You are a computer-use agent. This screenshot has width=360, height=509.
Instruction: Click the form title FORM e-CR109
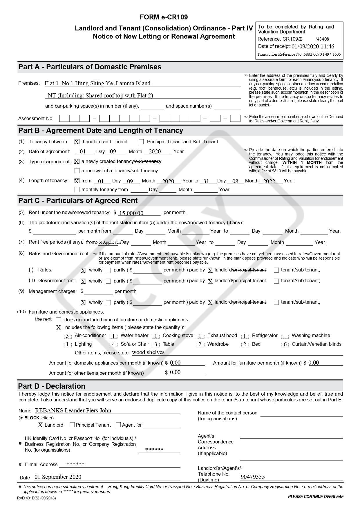point(164,17)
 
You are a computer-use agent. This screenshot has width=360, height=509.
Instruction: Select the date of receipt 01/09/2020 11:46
point(313,46)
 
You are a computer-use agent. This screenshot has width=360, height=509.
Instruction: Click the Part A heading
point(90,67)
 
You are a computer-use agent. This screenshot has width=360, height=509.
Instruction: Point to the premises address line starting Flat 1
point(98,84)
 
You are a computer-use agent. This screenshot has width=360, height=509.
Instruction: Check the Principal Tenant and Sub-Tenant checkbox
point(141,142)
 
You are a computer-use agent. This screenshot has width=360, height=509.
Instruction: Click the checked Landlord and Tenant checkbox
point(77,142)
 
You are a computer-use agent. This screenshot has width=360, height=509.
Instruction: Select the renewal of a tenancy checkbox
point(77,171)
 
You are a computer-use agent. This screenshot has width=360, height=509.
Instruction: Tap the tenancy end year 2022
point(269,181)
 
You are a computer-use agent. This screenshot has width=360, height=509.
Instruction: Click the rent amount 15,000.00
point(131,213)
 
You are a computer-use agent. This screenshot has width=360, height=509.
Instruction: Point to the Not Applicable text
point(108,242)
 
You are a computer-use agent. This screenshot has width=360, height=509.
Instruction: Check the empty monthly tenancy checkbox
point(77,190)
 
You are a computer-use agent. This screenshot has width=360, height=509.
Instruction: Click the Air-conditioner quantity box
point(67,336)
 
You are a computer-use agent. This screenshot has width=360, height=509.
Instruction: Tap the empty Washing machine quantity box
point(285,336)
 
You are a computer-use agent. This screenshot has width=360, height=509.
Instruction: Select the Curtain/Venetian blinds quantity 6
point(285,345)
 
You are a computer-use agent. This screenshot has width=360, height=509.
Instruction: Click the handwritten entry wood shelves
point(148,352)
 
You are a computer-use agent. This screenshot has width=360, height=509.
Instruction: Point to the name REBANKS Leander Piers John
point(73,410)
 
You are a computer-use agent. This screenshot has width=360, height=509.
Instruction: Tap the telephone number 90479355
point(252,477)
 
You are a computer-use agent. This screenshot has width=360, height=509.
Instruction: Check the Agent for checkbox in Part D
point(118,425)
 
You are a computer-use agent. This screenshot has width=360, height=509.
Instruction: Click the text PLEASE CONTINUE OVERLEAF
point(316,497)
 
